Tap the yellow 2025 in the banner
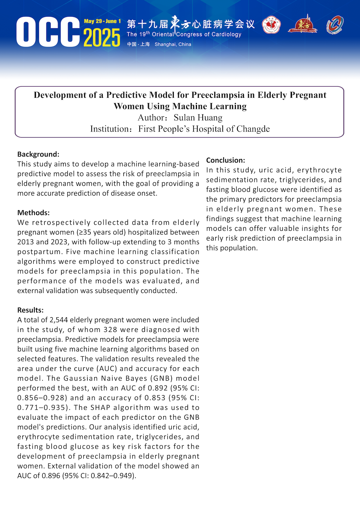pyautogui.click(x=102, y=38)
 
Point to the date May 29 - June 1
pyautogui.click(x=102, y=21)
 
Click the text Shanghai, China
pyautogui.click(x=173, y=44)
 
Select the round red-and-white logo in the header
pyautogui.click(x=271, y=25)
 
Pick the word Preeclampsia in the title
pyautogui.click(x=218, y=95)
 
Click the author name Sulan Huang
pyautogui.click(x=198, y=118)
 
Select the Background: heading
pyautogui.click(x=38, y=154)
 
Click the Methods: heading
pyautogui.click(x=33, y=213)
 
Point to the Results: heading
pyautogui.click(x=30, y=310)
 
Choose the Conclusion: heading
pyautogui.click(x=226, y=160)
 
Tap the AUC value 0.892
pyautogui.click(x=156, y=388)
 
